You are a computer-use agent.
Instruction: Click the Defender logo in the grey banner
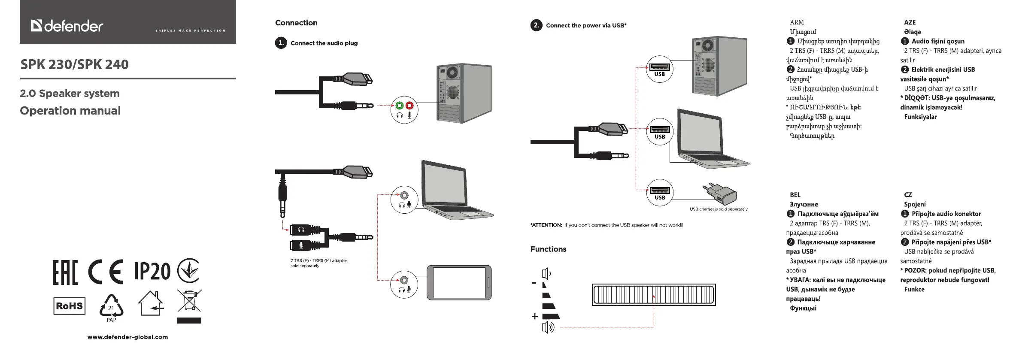pos(67,26)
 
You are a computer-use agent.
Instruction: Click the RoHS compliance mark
pos(69,306)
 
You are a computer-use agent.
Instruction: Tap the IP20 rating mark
pos(152,271)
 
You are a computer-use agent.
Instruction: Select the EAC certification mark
pos(65,272)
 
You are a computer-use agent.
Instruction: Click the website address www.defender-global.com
pos(127,337)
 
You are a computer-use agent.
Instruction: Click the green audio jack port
pos(399,106)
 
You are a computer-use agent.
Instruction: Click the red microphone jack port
pos(409,106)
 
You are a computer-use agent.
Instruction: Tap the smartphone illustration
pos(459,283)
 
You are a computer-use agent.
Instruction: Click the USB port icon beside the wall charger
pos(660,191)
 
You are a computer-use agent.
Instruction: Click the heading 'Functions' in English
pos(548,249)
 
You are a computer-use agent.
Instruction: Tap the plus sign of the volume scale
pos(534,317)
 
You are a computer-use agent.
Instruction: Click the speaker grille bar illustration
pos(654,294)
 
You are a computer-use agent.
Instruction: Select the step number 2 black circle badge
pos(536,25)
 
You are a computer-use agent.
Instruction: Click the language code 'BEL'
pos(795,195)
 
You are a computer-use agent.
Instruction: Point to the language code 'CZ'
pos(908,195)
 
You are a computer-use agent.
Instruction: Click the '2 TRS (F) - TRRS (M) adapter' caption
pos(319,260)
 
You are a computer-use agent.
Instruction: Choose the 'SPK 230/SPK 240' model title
pos(75,64)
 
